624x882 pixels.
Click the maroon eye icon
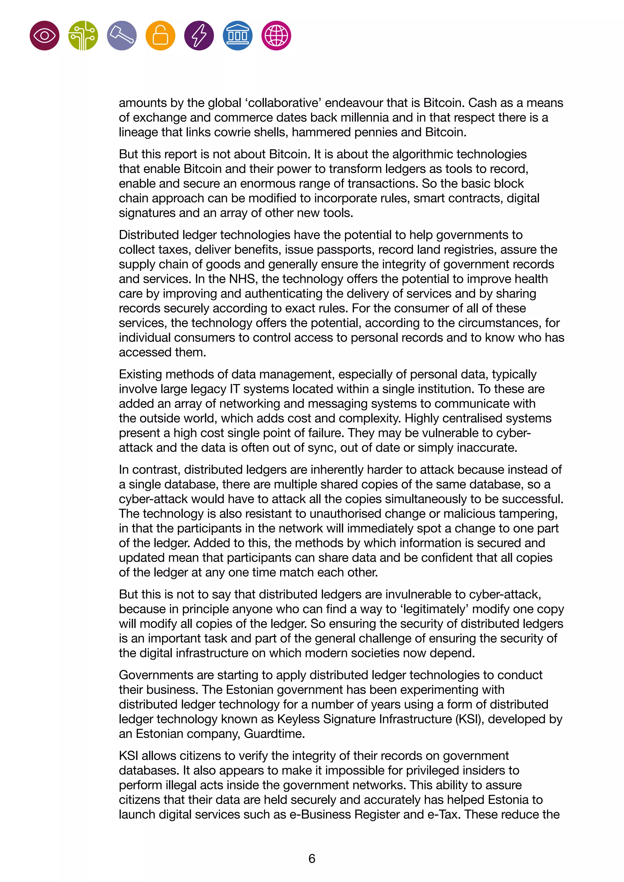pos(44,36)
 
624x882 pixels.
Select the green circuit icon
pos(83,36)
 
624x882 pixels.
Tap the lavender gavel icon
pos(122,36)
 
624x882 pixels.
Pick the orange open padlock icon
pos(160,36)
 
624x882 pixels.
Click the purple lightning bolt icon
pos(199,36)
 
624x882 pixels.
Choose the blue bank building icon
pos(237,36)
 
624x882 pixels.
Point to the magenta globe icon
pos(276,36)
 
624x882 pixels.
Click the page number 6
pos(312,859)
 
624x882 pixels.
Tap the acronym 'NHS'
pos(243,279)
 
